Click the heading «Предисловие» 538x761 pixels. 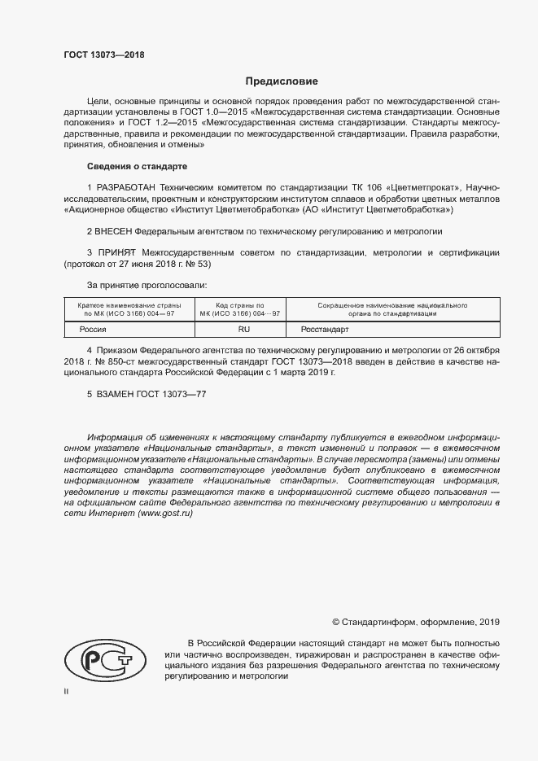coord(282,81)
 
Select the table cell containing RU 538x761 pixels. coord(243,330)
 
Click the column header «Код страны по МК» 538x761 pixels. coord(243,308)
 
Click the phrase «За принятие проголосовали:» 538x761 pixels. coord(147,285)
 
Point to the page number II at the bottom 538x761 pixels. coord(66,692)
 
